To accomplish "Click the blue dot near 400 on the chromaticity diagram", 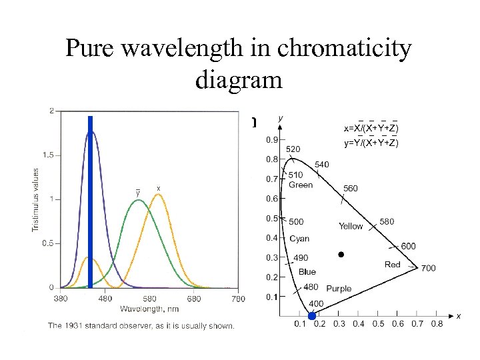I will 312,315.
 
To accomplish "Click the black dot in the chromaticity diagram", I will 341,255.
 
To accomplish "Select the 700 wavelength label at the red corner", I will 428,268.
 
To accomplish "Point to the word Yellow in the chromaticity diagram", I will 351,226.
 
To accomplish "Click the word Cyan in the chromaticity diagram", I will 299,239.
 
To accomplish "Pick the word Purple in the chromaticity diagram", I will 339,289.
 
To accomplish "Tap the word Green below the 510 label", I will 301,185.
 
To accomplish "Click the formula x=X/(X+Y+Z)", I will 371,127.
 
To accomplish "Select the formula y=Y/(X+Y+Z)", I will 371,143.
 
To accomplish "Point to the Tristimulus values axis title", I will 36,199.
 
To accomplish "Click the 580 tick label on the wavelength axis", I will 149,298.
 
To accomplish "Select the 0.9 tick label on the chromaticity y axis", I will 272,140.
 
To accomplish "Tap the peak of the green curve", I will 138,200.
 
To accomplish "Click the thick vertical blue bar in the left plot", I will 90,200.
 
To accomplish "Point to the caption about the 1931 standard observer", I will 141,325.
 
